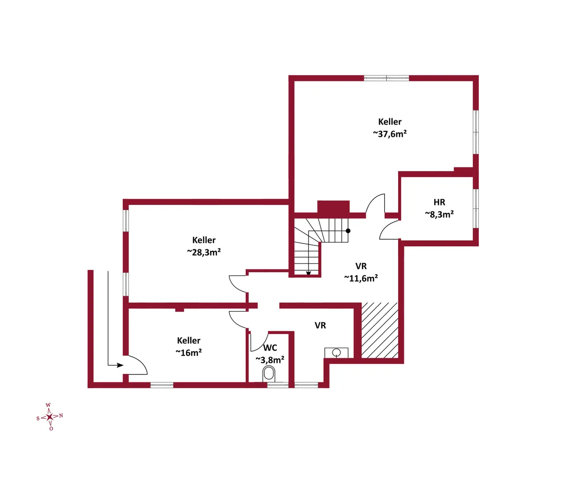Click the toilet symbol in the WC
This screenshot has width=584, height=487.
[x=269, y=375]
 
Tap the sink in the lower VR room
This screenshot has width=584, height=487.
[x=336, y=353]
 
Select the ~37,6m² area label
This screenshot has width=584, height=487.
[x=390, y=134]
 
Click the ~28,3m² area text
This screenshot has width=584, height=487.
[x=203, y=252]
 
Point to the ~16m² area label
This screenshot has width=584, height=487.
[x=188, y=353]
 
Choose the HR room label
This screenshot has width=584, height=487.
[x=439, y=202]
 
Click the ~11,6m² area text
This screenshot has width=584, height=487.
[x=361, y=278]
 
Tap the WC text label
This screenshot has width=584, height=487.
[x=270, y=348]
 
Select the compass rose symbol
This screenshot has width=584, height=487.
[x=50, y=417]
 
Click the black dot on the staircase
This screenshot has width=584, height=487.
[x=348, y=231]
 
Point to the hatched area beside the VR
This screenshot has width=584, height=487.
[x=380, y=330]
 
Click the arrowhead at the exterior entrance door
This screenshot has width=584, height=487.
[x=120, y=365]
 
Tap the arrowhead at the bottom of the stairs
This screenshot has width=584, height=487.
[x=309, y=273]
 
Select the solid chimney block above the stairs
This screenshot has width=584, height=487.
[x=333, y=207]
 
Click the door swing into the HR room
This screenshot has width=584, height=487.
[x=389, y=230]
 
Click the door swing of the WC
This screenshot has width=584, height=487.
[x=259, y=341]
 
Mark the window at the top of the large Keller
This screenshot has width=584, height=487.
[x=386, y=78]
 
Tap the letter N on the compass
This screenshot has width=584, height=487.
[x=61, y=415]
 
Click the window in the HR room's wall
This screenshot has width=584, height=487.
[x=476, y=208]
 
